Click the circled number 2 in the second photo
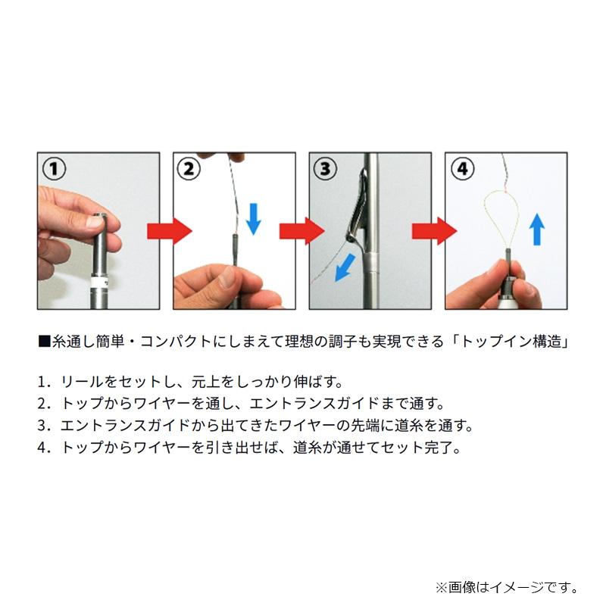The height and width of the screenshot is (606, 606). point(189,168)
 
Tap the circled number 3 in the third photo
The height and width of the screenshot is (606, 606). point(324,168)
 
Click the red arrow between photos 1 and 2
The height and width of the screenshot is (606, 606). point(167,230)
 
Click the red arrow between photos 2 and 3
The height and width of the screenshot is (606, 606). point(301,230)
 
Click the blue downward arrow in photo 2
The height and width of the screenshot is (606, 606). point(254,216)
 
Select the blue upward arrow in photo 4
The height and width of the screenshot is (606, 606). point(536,228)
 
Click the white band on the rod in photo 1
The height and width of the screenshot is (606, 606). point(97,282)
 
